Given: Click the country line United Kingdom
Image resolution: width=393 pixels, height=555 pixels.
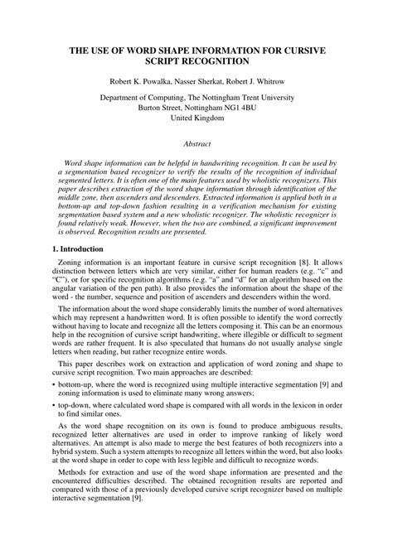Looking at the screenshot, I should coord(196,118).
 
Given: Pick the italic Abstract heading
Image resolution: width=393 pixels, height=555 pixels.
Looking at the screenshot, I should coord(196,144).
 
